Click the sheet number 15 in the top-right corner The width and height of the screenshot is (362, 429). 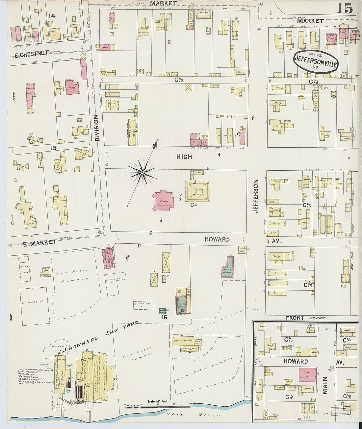pyautogui.click(x=344, y=8)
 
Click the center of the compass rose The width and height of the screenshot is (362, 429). pyautogui.click(x=143, y=172)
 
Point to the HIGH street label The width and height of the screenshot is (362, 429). pyautogui.click(x=184, y=157)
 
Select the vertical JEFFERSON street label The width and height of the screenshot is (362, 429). pyautogui.click(x=256, y=196)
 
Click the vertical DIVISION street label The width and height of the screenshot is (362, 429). pyautogui.click(x=97, y=128)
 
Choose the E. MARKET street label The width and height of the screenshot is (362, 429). pyautogui.click(x=35, y=242)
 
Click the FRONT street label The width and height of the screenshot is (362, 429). pyautogui.click(x=295, y=318)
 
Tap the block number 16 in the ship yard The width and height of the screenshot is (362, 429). pyautogui.click(x=165, y=317)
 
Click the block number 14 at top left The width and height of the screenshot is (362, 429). pyautogui.click(x=51, y=15)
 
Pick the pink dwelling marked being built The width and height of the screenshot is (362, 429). pyautogui.click(x=163, y=200)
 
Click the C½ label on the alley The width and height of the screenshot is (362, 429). pyautogui.click(x=179, y=80)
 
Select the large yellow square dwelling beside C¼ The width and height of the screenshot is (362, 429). pyautogui.click(x=197, y=191)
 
